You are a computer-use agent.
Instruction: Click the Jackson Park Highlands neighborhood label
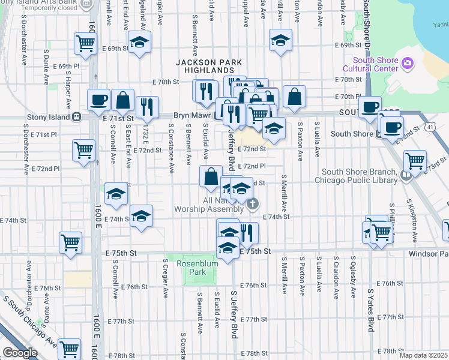click(x=208, y=66)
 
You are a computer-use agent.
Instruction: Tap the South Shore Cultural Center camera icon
click(x=408, y=62)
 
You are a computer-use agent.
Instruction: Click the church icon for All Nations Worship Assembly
click(x=253, y=204)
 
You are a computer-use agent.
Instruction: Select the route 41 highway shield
click(x=430, y=127)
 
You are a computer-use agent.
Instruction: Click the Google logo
click(x=20, y=353)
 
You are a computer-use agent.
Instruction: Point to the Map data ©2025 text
click(x=423, y=355)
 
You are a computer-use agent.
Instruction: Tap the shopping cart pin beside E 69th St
click(x=85, y=43)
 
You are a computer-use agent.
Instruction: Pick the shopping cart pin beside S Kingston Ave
click(x=415, y=161)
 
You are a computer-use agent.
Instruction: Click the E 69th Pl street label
click(x=66, y=66)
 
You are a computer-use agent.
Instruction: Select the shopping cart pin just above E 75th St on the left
click(x=70, y=243)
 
